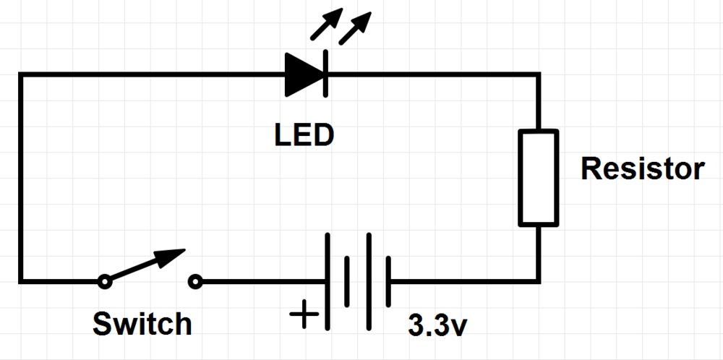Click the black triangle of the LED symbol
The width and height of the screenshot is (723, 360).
[301, 74]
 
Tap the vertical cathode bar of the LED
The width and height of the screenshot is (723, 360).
[325, 74]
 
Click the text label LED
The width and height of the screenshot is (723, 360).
[304, 134]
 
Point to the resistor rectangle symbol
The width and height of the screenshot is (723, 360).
[538, 177]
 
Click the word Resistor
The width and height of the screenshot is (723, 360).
[642, 169]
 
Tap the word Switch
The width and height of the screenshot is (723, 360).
[142, 324]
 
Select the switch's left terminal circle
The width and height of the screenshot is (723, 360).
[105, 280]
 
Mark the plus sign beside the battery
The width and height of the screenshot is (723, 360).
[304, 315]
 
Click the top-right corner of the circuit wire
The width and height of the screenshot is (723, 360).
[538, 74]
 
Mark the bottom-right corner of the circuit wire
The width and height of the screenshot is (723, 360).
[538, 280]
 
